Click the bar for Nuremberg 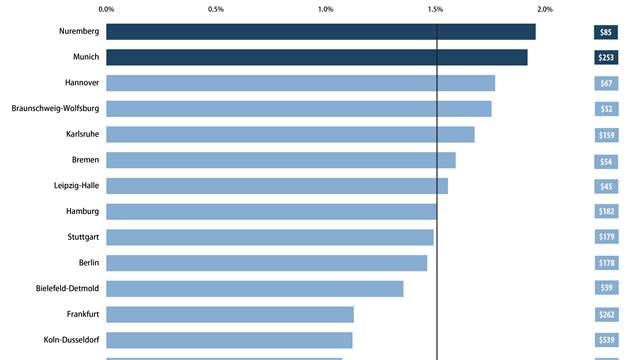(x=320, y=32)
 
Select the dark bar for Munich (x=316, y=57)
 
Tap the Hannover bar (x=300, y=83)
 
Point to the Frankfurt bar (x=229, y=314)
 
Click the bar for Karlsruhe (x=290, y=134)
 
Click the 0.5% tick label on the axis (x=215, y=9)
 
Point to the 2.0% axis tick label (x=544, y=9)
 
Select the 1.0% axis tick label (x=325, y=9)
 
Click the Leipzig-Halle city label (x=76, y=185)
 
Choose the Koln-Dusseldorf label (x=71, y=340)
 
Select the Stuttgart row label (x=82, y=237)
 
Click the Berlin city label (x=88, y=263)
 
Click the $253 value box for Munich (x=606, y=57)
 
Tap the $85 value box (x=606, y=32)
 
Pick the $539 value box (x=606, y=340)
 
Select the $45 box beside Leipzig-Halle (x=606, y=185)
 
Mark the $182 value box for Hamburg (x=606, y=211)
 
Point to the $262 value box (x=606, y=314)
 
